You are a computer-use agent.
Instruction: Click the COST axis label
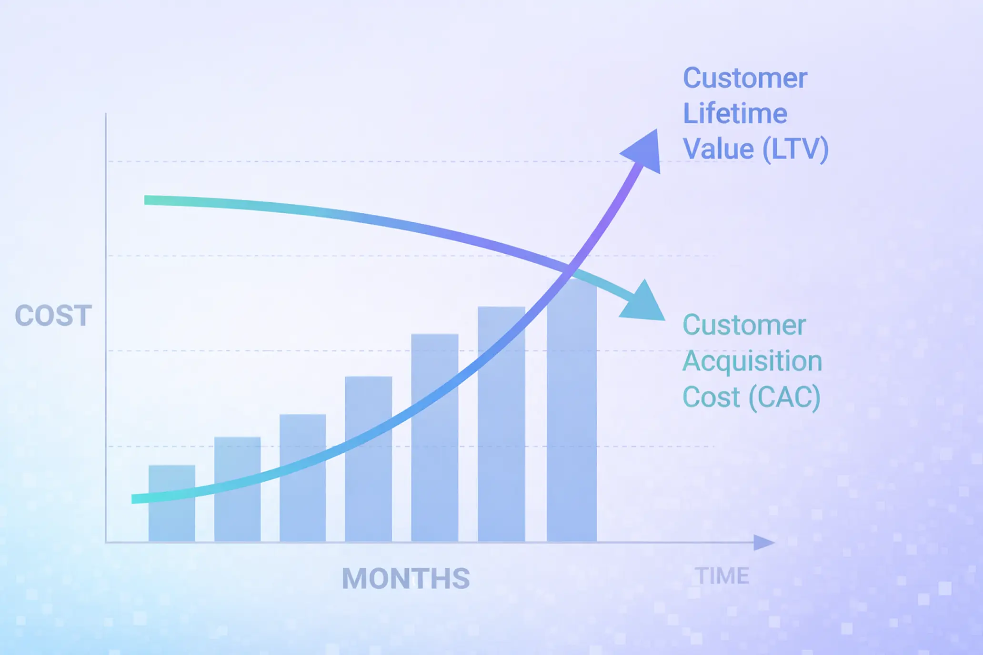point(53,316)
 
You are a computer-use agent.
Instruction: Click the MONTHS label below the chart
point(406,579)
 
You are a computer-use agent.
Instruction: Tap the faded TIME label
point(722,576)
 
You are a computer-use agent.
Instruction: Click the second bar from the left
point(237,490)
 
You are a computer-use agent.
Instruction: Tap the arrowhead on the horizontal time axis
point(763,543)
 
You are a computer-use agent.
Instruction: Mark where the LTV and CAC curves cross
point(570,272)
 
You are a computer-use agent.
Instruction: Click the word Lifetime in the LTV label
point(735,114)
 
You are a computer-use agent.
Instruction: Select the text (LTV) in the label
point(795,149)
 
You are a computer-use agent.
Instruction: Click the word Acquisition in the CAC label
point(752,361)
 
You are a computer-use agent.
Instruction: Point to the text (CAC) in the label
point(784,397)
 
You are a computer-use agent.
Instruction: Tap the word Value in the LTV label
point(718,149)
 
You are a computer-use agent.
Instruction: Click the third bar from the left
point(302,478)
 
